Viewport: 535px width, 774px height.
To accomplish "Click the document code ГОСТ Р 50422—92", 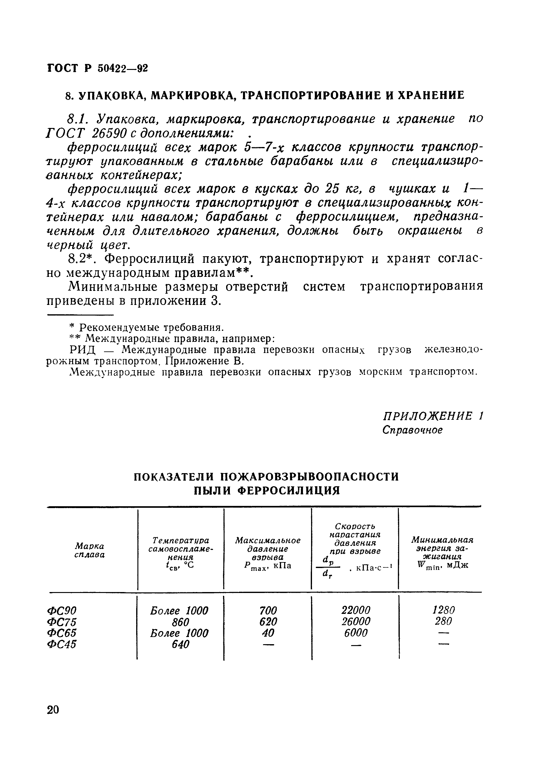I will click(97, 68).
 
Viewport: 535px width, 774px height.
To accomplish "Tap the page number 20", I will click(53, 710).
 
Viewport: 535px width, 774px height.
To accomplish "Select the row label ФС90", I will click(62, 610).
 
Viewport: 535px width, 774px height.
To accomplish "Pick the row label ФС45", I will click(62, 644).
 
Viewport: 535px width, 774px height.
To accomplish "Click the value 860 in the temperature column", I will click(180, 622).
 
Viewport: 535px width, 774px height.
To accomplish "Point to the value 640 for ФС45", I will click(180, 644).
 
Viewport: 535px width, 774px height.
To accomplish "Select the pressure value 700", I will click(268, 610).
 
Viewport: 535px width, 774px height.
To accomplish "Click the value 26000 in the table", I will click(356, 621).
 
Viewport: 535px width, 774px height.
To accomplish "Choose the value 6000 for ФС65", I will click(356, 633).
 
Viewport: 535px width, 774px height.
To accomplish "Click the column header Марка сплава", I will click(90, 550).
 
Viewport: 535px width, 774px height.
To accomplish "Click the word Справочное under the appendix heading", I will click(412, 430).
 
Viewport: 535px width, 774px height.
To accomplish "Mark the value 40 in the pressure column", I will click(268, 633).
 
